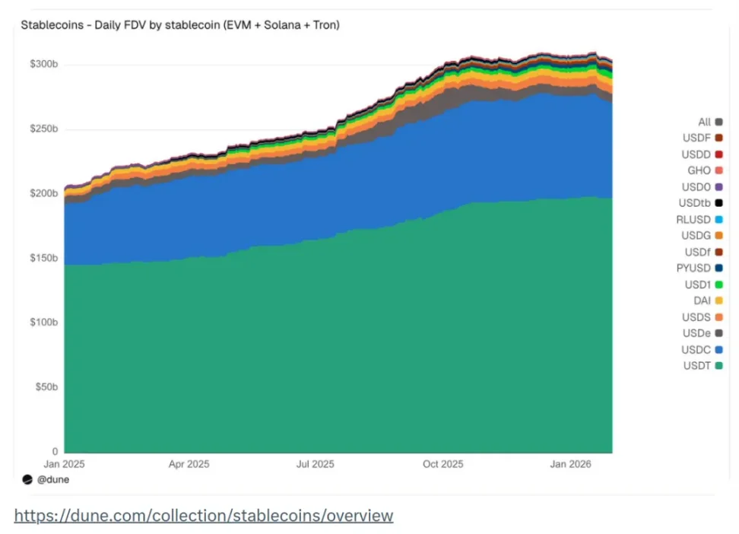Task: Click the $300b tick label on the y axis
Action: [x=44, y=65]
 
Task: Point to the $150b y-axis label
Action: [x=44, y=259]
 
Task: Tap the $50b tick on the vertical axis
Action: [x=46, y=387]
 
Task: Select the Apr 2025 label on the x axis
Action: [x=189, y=464]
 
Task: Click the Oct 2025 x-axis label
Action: [x=442, y=464]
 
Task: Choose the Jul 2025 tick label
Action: [x=315, y=464]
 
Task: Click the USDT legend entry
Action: [x=696, y=366]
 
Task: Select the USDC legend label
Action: [x=696, y=350]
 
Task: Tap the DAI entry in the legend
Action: [x=702, y=301]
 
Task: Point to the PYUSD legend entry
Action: [x=693, y=269]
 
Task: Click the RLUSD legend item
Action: [x=693, y=220]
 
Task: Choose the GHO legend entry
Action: [x=699, y=170]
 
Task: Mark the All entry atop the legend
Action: [x=704, y=122]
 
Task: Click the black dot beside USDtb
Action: [x=718, y=203]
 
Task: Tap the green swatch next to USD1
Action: [x=718, y=285]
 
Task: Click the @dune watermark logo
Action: [x=27, y=480]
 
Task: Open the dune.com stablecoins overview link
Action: [x=204, y=516]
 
